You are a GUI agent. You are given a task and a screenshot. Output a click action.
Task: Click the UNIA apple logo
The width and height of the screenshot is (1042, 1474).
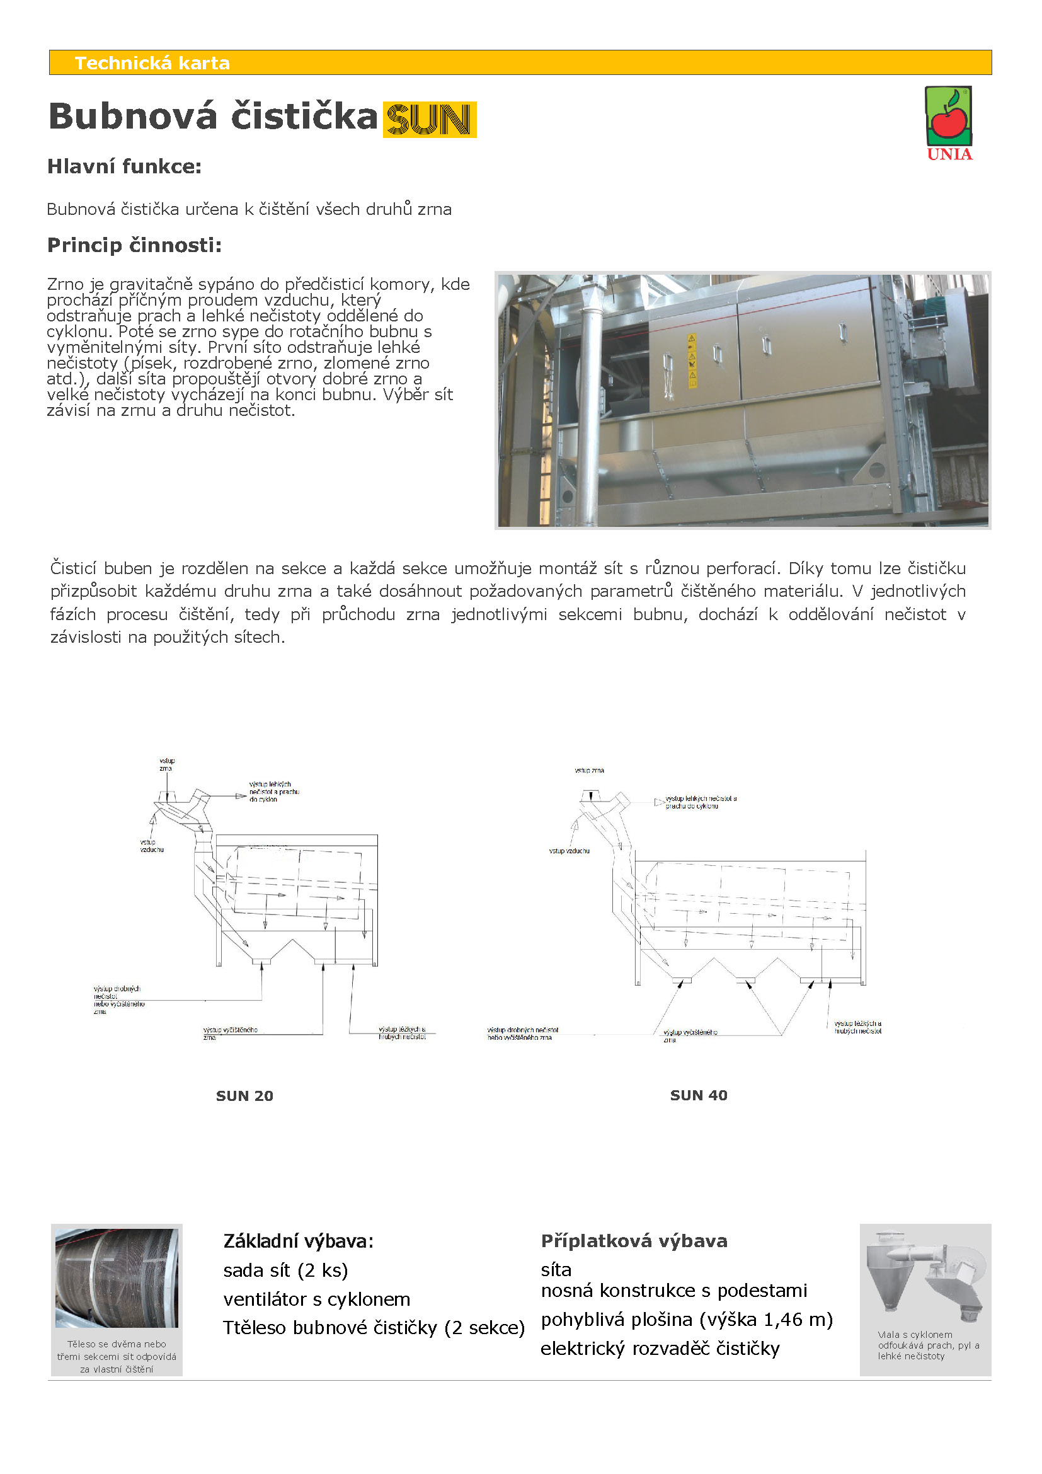point(948,123)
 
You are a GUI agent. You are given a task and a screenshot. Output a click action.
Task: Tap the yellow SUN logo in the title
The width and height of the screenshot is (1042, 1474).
point(429,119)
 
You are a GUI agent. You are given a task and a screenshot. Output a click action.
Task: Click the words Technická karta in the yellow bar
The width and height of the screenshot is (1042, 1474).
point(152,63)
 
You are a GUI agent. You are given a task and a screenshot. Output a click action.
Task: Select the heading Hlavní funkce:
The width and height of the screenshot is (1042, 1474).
point(125,167)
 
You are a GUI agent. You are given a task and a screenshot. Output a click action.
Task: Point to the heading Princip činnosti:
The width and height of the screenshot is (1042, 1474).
point(134,245)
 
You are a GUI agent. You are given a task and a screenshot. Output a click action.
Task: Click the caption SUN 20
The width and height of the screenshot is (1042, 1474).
point(244,1096)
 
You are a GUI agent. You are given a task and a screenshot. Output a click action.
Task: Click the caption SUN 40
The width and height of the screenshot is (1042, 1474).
point(698,1095)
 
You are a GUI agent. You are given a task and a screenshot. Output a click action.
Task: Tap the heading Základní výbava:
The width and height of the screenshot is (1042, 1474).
point(298,1241)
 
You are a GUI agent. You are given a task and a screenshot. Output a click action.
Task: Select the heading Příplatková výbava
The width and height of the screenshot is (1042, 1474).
point(634,1241)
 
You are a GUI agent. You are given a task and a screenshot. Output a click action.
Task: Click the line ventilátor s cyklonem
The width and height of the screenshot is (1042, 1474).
point(316,1299)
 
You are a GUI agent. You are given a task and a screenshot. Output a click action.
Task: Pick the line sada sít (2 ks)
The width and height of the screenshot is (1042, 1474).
point(285,1270)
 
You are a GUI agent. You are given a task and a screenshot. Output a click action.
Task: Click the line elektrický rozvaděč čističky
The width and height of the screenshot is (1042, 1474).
point(660,1348)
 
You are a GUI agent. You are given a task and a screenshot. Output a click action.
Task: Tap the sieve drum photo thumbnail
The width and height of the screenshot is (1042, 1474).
point(116,1277)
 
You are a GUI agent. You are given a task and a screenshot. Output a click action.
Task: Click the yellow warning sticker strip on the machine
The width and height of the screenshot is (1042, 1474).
point(692,361)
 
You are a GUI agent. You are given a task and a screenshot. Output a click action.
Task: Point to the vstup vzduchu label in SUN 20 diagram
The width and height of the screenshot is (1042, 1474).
point(151,846)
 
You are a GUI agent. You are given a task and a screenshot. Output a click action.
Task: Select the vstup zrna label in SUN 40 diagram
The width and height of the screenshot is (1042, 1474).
point(589,769)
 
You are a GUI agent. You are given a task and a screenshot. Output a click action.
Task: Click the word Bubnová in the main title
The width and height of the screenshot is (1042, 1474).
point(133,117)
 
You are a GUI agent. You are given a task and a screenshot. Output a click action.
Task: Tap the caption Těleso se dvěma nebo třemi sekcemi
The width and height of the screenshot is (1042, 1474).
point(116,1356)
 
